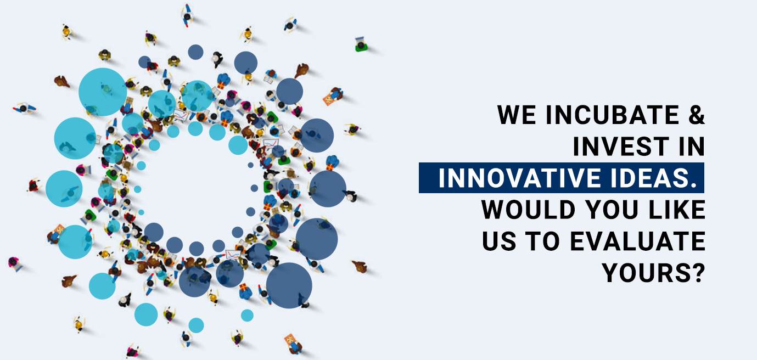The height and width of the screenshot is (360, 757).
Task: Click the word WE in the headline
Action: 517,115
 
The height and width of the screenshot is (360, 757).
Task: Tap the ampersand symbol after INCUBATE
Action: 697,115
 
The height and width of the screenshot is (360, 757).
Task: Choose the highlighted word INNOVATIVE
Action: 521,178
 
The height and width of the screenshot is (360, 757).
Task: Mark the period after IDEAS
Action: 693,184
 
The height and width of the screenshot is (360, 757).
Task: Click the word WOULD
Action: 528,210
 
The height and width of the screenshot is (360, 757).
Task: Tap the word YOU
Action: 612,210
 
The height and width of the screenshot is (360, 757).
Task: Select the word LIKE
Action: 677,210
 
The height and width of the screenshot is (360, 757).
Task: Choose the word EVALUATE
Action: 638,241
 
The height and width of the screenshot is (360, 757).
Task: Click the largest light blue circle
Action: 103,92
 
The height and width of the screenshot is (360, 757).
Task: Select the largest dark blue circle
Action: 289,285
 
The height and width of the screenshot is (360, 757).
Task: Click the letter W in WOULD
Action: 495,210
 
